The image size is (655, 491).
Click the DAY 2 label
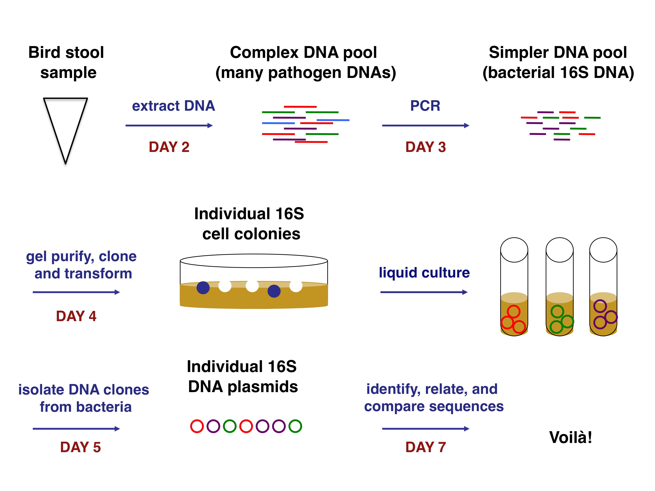pyautogui.click(x=169, y=147)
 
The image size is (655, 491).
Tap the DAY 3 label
pyautogui.click(x=425, y=147)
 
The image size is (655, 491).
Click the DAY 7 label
pyautogui.click(x=425, y=447)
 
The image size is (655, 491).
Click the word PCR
pyautogui.click(x=425, y=106)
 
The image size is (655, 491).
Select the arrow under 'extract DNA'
pyautogui.click(x=169, y=126)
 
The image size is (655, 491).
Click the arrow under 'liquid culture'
pyautogui.click(x=424, y=292)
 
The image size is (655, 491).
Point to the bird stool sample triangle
pyautogui.click(x=66, y=124)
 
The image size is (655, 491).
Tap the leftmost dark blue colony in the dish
pyautogui.click(x=203, y=288)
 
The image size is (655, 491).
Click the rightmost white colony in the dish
pyautogui.click(x=296, y=286)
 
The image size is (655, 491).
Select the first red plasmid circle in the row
pyautogui.click(x=197, y=426)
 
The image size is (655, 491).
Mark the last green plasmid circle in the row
pyautogui.click(x=295, y=426)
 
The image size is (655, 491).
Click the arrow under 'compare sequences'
pyautogui.click(x=425, y=429)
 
